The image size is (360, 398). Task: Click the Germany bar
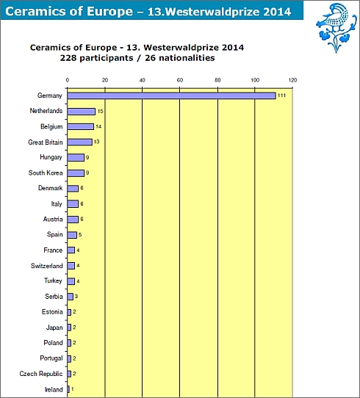(x=171, y=95)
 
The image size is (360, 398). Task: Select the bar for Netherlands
(x=82, y=112)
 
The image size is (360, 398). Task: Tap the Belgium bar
(x=81, y=126)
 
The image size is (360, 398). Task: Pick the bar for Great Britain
(x=80, y=142)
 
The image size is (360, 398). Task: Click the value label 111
(x=281, y=95)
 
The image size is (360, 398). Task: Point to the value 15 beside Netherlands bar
(x=100, y=111)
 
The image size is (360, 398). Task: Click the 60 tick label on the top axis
(x=180, y=80)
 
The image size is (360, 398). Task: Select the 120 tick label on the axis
(x=292, y=80)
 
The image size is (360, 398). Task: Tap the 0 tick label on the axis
(x=68, y=80)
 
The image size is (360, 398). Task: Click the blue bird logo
(x=336, y=27)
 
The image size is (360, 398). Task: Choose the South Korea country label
(x=46, y=173)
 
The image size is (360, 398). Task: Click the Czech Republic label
(x=41, y=374)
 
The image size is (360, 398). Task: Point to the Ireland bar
(x=68, y=389)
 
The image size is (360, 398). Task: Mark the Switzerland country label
(x=47, y=266)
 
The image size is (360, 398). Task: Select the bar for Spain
(x=72, y=235)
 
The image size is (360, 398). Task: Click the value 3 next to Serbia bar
(x=76, y=297)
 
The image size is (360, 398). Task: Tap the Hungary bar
(x=76, y=158)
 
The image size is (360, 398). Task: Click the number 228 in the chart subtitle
(x=68, y=58)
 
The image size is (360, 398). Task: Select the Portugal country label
(x=51, y=358)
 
